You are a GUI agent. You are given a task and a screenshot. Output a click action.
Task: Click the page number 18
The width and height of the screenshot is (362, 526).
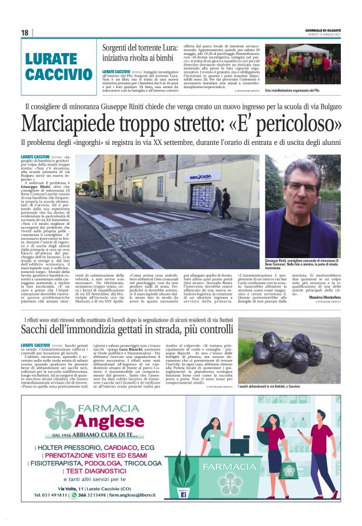pos(24,32)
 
